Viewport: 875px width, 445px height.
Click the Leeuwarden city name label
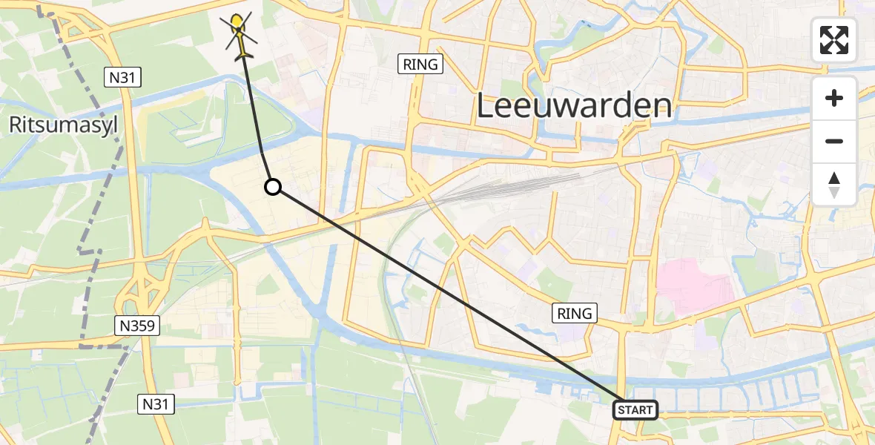tap(574, 106)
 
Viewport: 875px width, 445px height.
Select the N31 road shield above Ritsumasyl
tap(123, 77)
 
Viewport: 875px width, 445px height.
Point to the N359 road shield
tap(138, 325)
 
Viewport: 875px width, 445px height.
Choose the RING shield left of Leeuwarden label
tap(420, 65)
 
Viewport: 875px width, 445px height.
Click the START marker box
tap(635, 409)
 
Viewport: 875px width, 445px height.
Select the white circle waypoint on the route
tap(273, 187)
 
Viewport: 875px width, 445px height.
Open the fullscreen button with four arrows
tap(834, 40)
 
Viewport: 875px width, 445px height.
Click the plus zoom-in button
tap(834, 98)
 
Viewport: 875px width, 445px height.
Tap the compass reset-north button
tap(834, 185)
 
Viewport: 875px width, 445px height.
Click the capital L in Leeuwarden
tap(485, 106)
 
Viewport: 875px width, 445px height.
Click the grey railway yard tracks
tap(504, 185)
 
